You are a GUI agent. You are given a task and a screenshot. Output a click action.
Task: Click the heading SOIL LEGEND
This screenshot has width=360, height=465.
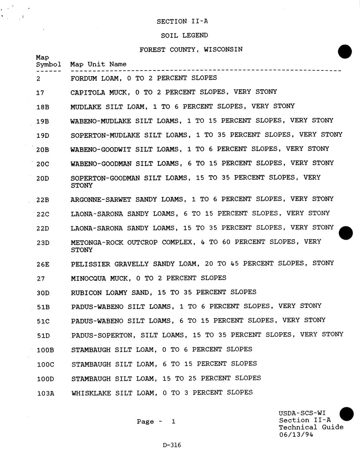coord(184,35)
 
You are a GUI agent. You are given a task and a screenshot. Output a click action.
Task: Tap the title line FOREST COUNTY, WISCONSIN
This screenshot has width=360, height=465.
coord(191,50)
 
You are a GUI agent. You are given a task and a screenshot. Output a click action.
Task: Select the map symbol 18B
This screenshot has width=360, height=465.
coord(43,107)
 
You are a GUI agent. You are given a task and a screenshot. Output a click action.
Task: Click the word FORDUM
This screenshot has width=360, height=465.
coord(84,78)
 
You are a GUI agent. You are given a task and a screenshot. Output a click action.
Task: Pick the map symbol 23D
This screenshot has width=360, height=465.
coord(43,243)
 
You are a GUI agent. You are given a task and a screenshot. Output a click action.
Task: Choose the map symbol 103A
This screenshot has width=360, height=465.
coord(45,393)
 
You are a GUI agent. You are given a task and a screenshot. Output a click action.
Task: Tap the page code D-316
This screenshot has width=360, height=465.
coord(172,445)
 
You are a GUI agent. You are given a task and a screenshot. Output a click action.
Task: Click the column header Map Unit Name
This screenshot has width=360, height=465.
coord(98,64)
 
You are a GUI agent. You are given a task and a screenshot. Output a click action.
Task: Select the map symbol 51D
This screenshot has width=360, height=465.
coord(43,336)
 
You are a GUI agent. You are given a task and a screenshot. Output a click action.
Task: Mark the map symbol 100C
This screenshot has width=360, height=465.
coord(45,365)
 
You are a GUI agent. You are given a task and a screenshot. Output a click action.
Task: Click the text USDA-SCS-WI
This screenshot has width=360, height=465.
coord(302,413)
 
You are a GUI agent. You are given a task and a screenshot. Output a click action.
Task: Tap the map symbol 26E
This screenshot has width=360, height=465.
coord(43,265)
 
